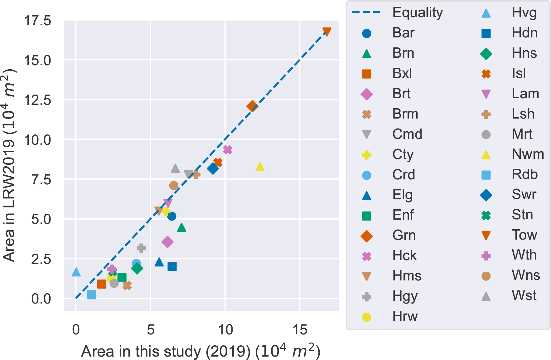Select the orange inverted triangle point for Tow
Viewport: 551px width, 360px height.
click(327, 32)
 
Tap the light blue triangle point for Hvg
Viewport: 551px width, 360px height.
click(76, 272)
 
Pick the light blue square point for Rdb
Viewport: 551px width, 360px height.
click(92, 294)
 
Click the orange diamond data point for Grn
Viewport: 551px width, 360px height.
click(252, 106)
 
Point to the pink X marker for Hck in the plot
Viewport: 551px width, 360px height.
click(228, 150)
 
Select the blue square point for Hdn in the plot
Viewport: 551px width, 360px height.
click(172, 266)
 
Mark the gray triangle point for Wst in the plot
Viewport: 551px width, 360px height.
click(175, 168)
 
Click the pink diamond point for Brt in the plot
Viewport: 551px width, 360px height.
click(167, 242)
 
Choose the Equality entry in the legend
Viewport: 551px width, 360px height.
click(418, 12)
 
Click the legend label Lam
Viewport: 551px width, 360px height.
click(525, 93)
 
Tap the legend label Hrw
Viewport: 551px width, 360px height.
click(405, 316)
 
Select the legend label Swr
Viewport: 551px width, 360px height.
click(524, 194)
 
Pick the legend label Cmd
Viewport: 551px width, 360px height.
click(407, 134)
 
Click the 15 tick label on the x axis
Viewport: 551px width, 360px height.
click(300, 330)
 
